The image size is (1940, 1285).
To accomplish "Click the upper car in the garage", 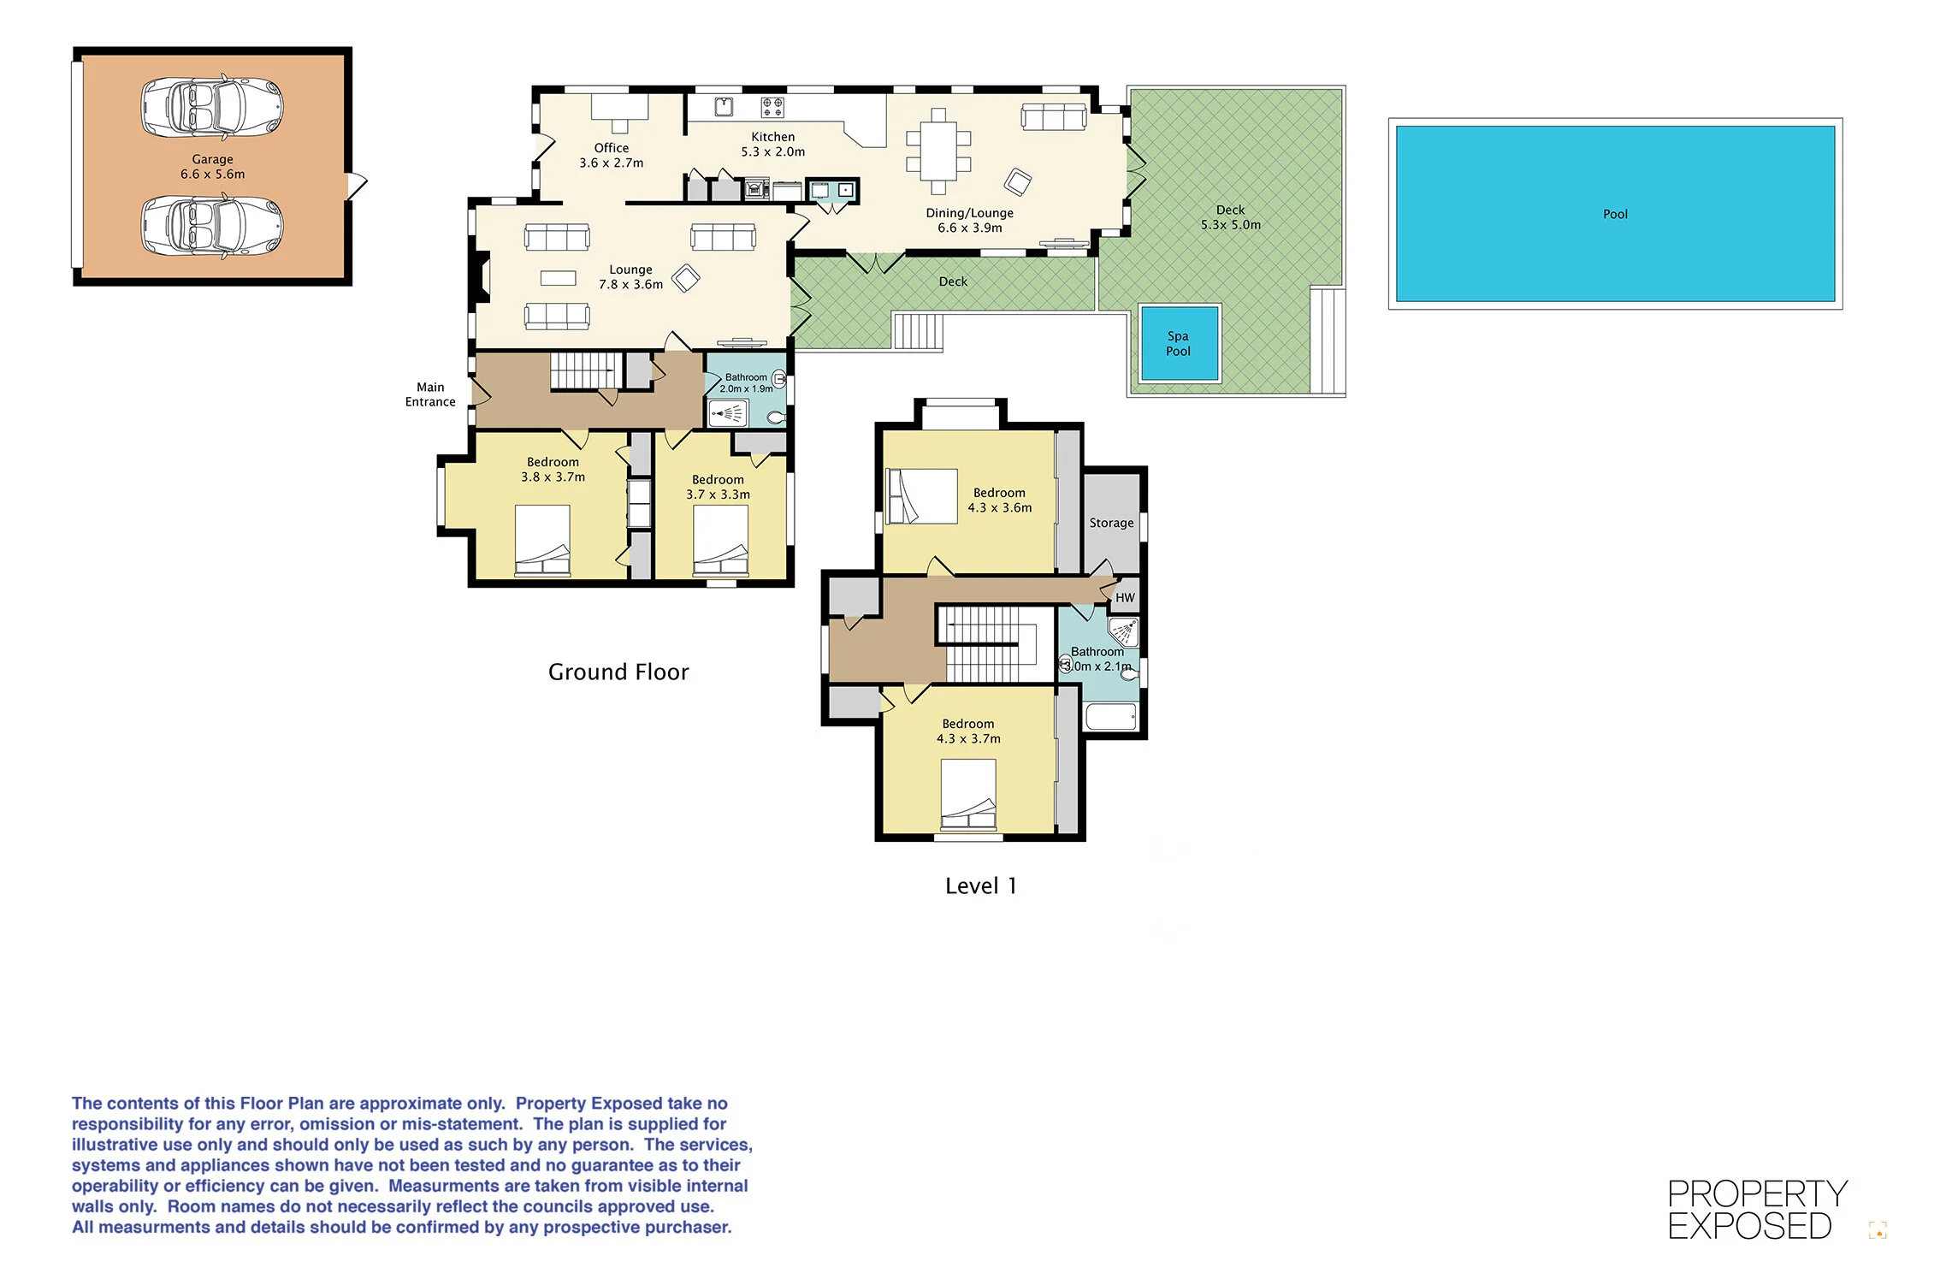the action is (212, 107).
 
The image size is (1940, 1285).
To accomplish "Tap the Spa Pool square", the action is (1179, 343).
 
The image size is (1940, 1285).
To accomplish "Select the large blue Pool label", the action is (1615, 214).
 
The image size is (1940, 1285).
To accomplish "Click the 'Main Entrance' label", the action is (430, 394).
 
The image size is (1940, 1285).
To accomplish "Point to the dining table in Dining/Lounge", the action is (938, 151).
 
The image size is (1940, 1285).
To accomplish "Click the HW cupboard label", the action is (1125, 598).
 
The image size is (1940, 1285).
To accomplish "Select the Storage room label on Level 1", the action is (1111, 523).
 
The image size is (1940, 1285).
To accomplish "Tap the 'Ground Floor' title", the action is (618, 672).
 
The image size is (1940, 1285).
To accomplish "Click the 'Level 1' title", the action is (981, 885).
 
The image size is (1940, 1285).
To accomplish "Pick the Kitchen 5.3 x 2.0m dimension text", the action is (773, 151).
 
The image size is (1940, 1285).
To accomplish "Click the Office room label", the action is (612, 148).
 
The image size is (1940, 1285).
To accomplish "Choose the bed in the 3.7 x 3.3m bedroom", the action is (720, 540).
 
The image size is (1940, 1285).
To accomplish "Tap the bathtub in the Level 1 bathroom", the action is (1111, 716).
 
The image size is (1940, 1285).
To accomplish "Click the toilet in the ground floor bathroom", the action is (777, 417).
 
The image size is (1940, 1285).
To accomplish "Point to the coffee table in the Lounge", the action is (559, 278).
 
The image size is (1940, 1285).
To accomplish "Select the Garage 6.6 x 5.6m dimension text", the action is (212, 174).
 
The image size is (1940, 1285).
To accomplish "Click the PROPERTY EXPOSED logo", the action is (1757, 1210).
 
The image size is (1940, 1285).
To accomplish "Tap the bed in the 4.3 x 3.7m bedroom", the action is (968, 795).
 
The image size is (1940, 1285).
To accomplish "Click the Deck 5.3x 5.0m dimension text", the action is (1231, 225).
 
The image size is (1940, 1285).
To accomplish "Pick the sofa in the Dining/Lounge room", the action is (1054, 116).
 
